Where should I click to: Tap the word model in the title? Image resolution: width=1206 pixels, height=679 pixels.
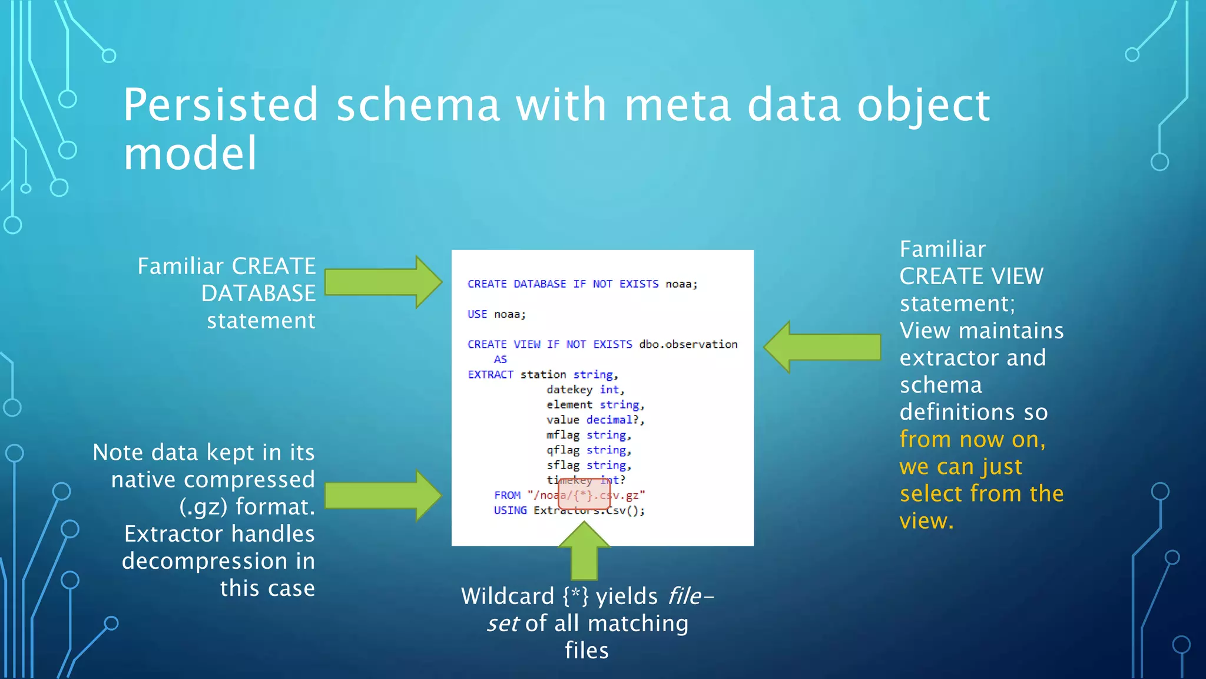point(190,153)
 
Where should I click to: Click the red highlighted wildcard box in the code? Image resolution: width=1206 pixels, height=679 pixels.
point(584,494)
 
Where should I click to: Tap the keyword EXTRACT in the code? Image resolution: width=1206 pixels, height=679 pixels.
point(490,374)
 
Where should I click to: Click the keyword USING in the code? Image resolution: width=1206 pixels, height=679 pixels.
point(510,510)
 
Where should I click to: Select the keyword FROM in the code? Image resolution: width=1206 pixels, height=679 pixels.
point(507,495)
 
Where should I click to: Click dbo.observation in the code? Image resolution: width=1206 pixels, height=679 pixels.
point(688,344)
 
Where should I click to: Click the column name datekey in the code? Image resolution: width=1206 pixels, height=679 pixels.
point(569,390)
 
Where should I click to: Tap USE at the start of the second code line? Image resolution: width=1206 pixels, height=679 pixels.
point(477,314)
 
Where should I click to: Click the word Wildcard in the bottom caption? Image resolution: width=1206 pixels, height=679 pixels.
point(508,596)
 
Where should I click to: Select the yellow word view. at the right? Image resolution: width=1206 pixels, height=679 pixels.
point(926,521)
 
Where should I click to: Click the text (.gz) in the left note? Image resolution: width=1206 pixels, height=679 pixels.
point(203,507)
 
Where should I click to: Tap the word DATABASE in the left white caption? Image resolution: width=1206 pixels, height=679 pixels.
point(258,294)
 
